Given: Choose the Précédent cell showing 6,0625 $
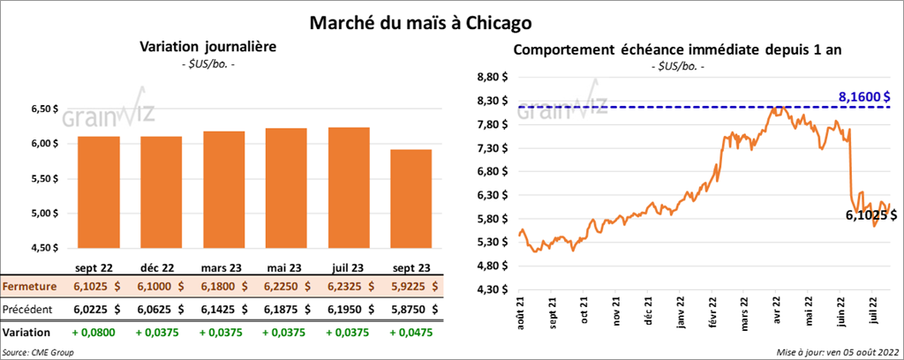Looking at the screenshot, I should click(162, 309).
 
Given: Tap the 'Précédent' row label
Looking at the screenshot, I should click(28, 309).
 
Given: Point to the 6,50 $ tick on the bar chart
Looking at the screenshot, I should click(43, 109).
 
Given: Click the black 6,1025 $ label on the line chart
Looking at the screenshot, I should click(870, 214).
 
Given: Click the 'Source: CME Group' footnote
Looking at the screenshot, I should click(37, 352).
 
